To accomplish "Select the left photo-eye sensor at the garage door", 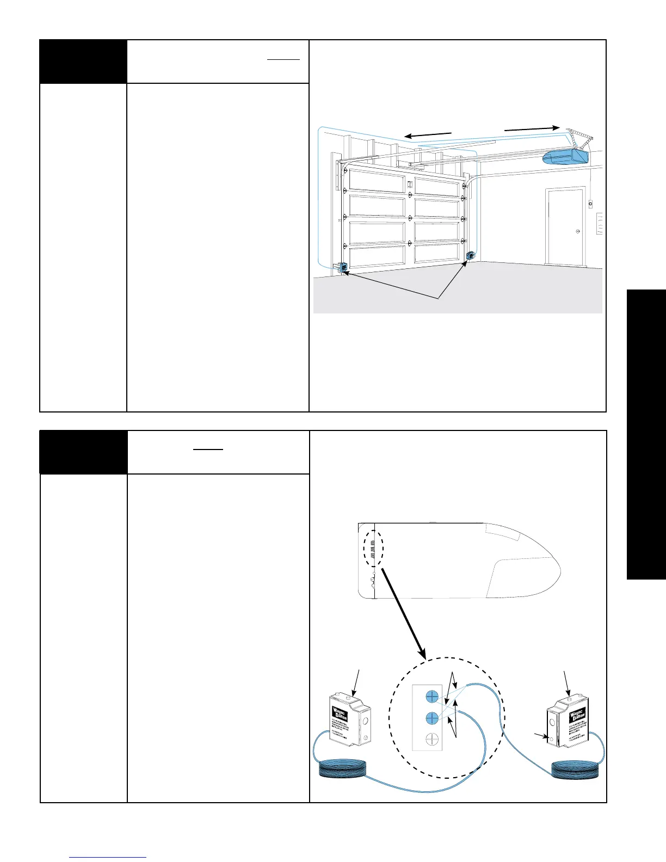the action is pos(343,268).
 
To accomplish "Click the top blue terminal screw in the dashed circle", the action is pos(432,697).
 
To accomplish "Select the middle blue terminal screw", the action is pos(432,718).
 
